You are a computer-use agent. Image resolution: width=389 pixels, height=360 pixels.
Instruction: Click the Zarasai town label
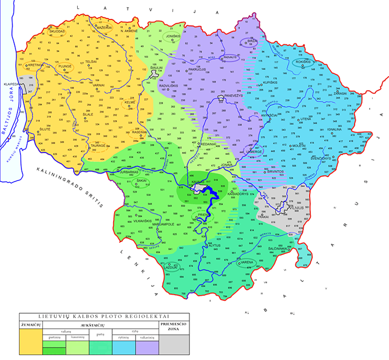(340, 94)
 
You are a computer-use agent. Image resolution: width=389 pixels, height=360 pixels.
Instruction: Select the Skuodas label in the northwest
(57, 31)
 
